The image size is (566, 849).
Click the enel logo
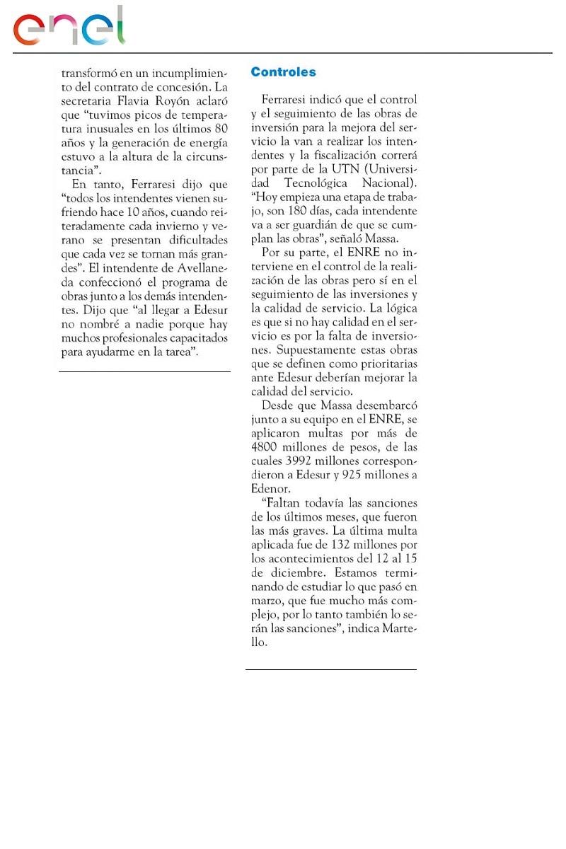click(69, 27)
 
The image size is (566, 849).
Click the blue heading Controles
click(283, 72)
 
